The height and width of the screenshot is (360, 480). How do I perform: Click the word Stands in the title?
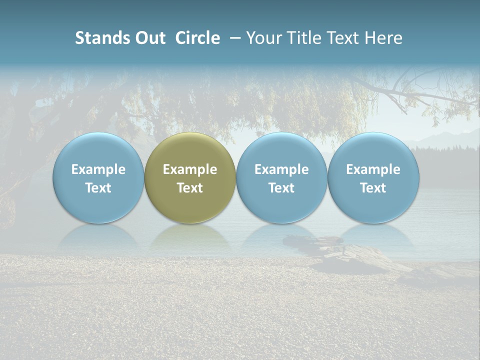pos(102,38)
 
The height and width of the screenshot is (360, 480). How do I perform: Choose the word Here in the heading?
pos(383,38)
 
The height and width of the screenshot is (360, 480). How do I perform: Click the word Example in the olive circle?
pos(190,169)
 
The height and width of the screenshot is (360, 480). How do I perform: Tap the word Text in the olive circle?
pos(190,188)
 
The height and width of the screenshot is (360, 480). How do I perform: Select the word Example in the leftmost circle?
pos(98,169)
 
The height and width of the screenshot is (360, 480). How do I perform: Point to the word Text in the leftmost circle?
pos(98,188)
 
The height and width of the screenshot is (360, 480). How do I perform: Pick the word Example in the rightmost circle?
pos(373,169)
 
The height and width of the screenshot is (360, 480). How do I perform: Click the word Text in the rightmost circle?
pos(373,188)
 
